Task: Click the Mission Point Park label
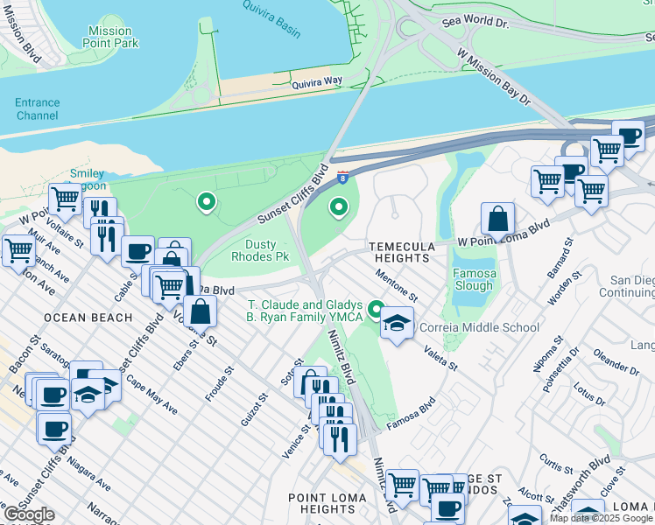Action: (x=109, y=37)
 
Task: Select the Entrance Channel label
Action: (x=37, y=108)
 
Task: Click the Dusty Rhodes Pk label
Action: (x=259, y=250)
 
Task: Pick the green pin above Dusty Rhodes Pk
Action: (x=207, y=203)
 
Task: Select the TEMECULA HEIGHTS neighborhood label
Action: (x=400, y=253)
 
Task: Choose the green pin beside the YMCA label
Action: (x=377, y=309)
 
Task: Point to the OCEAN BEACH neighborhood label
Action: (x=81, y=317)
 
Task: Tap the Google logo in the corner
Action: (x=29, y=515)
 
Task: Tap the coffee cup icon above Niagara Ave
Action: (x=54, y=429)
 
